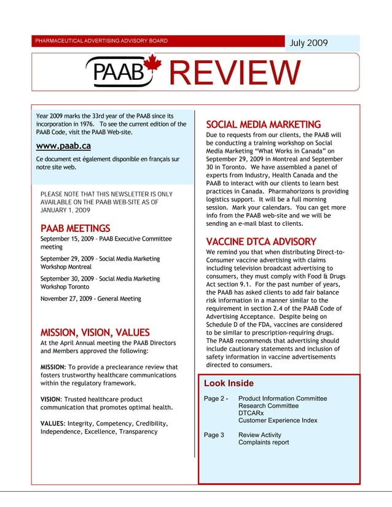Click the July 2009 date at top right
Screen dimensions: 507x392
308,43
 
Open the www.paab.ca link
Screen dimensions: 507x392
63,146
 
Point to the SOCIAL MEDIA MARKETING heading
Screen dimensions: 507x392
263,125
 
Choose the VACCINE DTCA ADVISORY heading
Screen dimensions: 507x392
261,241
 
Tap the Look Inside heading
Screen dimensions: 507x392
229,383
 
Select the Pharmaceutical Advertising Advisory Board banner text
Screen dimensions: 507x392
101,41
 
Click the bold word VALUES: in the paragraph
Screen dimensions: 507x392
52,424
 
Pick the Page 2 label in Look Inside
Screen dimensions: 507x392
216,398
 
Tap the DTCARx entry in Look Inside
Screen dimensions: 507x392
251,413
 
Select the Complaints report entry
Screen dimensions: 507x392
263,442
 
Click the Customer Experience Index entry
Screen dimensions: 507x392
277,420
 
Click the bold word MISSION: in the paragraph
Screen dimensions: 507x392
57,368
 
